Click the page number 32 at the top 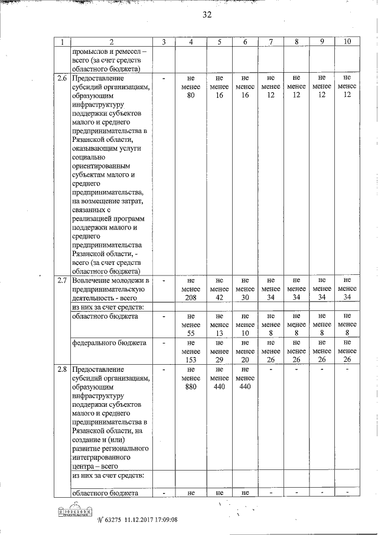206,15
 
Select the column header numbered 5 219,42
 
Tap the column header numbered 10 347,42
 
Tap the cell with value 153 191,359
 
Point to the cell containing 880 191,388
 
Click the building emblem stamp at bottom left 75,510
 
